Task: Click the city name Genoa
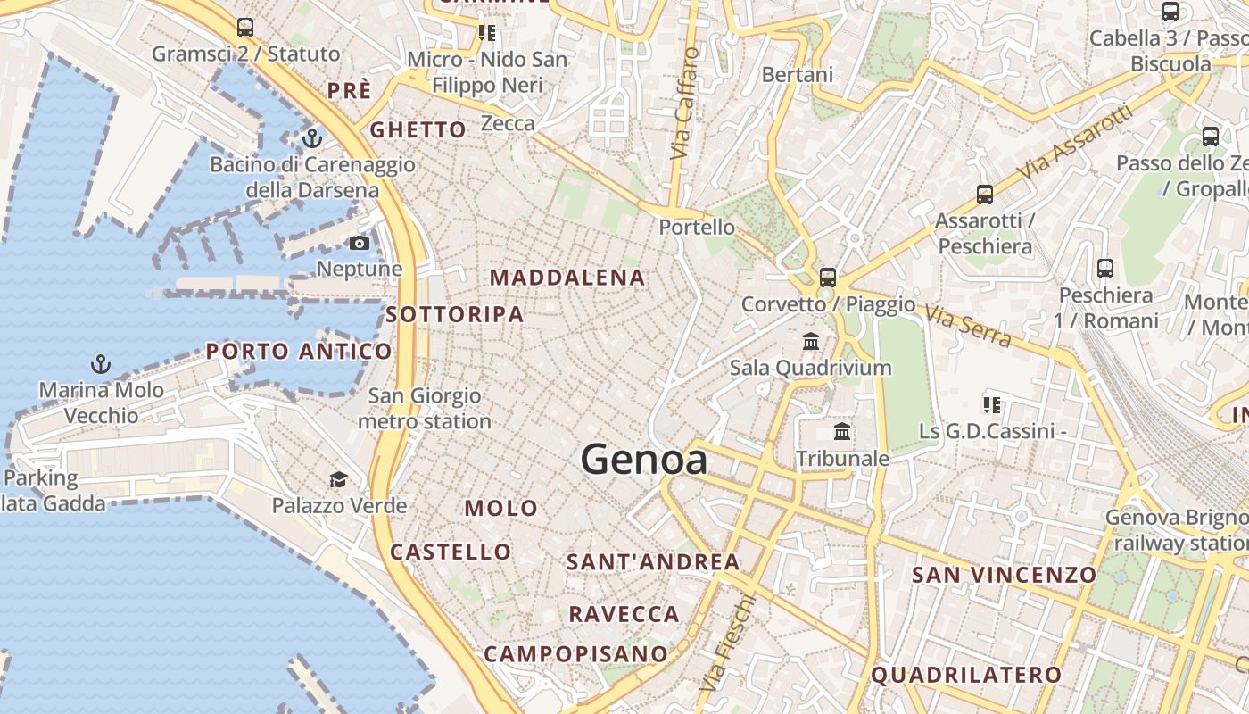click(644, 461)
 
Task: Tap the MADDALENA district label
click(567, 278)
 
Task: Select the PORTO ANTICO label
click(299, 351)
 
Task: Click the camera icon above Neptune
click(360, 244)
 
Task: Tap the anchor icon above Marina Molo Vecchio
click(101, 364)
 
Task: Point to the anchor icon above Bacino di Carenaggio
click(311, 138)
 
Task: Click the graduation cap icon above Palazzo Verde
click(338, 480)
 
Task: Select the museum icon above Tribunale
click(841, 433)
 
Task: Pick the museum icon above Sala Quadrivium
click(811, 341)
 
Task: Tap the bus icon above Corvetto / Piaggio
click(828, 277)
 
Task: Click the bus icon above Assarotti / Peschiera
click(985, 194)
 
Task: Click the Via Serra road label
click(968, 327)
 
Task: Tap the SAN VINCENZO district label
click(1004, 575)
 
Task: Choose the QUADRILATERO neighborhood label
click(966, 676)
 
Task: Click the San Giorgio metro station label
click(425, 408)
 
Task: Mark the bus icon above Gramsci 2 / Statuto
click(245, 28)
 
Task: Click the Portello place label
click(697, 228)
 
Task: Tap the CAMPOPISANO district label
click(575, 654)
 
